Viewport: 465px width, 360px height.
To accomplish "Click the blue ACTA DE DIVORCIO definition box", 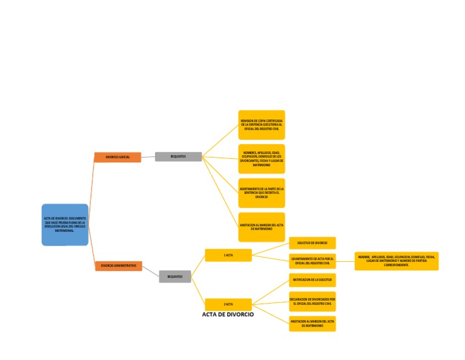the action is click(x=65, y=224).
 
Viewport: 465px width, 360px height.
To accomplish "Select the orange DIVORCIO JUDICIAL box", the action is click(x=117, y=157).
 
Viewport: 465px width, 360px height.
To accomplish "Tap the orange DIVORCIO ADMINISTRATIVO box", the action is click(x=119, y=266).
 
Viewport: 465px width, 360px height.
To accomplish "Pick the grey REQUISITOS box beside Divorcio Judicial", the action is click(x=178, y=156).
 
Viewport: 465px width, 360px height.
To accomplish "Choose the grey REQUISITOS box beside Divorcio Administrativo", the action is click(x=175, y=276).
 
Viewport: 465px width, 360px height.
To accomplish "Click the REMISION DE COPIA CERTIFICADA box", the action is click(x=262, y=125).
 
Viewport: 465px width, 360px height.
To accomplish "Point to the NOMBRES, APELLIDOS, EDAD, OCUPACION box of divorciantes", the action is click(x=262, y=159).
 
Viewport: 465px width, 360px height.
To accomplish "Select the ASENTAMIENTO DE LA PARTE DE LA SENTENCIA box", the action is click(x=262, y=193).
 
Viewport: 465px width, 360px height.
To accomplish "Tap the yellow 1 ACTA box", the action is click(x=228, y=255).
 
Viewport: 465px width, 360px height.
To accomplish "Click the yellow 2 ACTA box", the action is click(x=228, y=304).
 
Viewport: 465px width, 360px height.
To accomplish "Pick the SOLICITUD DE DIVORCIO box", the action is click(x=312, y=243).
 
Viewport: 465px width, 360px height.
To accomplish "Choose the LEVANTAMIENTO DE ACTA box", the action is click(x=312, y=261).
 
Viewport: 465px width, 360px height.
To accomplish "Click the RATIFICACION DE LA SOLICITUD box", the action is click(x=312, y=280).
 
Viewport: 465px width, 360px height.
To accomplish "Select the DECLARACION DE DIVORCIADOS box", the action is click(x=312, y=301).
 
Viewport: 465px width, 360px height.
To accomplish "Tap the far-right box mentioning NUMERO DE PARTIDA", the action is click(x=397, y=261).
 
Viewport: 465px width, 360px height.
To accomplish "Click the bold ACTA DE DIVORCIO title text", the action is click(x=228, y=315).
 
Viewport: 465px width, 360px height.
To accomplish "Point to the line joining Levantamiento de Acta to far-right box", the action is click(x=345, y=261).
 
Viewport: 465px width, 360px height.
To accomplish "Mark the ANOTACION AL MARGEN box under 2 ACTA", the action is click(x=312, y=324).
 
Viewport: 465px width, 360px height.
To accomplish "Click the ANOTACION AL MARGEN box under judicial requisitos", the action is click(x=262, y=227).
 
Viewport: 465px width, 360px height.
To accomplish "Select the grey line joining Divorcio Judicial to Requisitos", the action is click(x=148, y=157).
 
